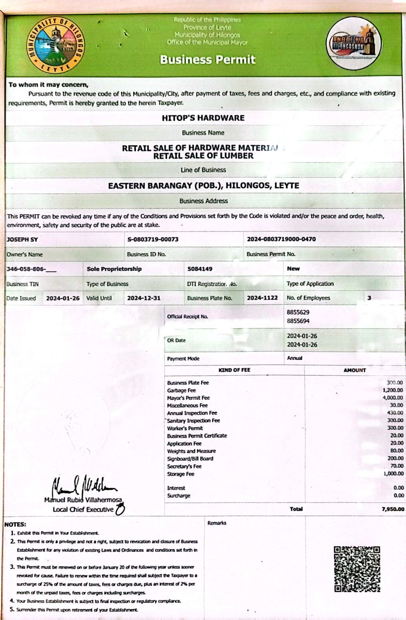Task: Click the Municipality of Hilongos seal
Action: pos(56,45)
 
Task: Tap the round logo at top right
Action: pos(354,43)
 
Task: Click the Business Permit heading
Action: pos(208,60)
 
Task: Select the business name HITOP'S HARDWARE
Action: pos(203,118)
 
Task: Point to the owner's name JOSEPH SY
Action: pos(22,240)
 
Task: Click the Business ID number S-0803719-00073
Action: pos(153,239)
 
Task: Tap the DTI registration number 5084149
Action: pos(200,269)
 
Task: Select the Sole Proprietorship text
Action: pos(114,269)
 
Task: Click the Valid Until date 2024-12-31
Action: pos(144,298)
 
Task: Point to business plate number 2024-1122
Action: pos(262,298)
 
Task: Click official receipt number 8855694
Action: pos(298,321)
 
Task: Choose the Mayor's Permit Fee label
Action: pos(188,398)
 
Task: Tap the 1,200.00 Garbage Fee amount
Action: pos(393,390)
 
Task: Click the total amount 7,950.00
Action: pos(393,509)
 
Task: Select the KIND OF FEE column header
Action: pos(234,370)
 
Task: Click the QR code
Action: pos(357,569)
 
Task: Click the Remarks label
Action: pos(217,523)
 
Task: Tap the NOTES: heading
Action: pos(15,524)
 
